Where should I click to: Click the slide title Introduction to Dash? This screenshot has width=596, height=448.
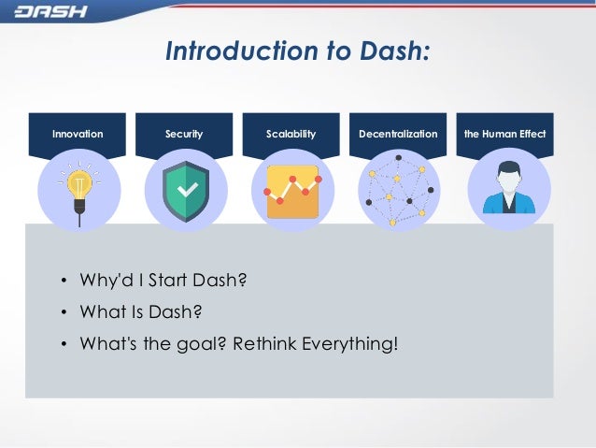click(x=297, y=53)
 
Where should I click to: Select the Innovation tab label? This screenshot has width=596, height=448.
click(x=78, y=135)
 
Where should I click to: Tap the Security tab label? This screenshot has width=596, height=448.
click(x=184, y=135)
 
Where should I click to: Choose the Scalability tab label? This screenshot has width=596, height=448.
click(x=291, y=135)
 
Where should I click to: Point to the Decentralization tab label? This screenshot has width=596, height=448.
click(x=397, y=135)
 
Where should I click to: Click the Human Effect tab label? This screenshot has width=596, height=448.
click(x=504, y=135)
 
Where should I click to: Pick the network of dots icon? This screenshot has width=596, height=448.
click(x=399, y=191)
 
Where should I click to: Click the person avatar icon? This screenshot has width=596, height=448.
click(x=507, y=190)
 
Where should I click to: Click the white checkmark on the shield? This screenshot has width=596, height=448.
click(x=186, y=190)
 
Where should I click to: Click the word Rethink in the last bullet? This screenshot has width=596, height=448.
click(x=267, y=343)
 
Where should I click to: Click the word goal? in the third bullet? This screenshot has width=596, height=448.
click(x=205, y=343)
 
